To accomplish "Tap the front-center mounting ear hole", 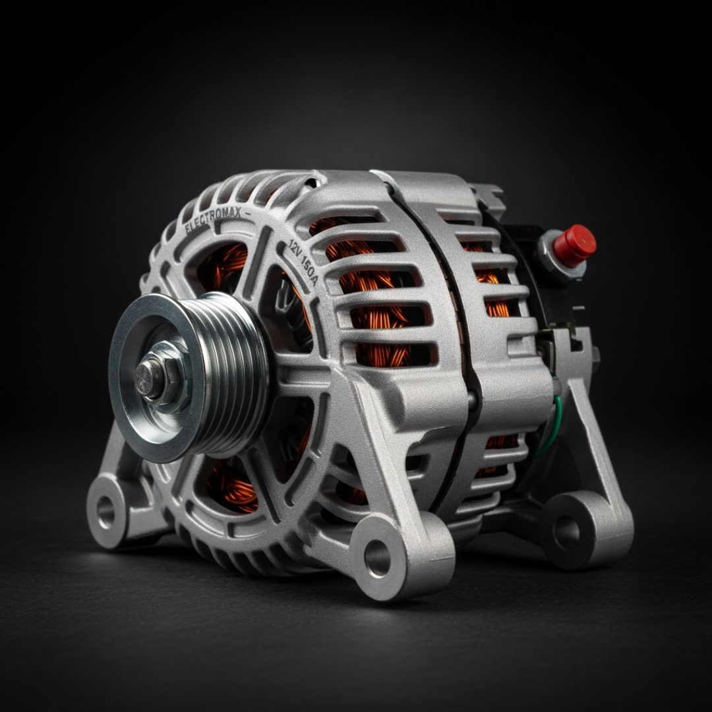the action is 377,558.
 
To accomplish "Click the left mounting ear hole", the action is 105,512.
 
